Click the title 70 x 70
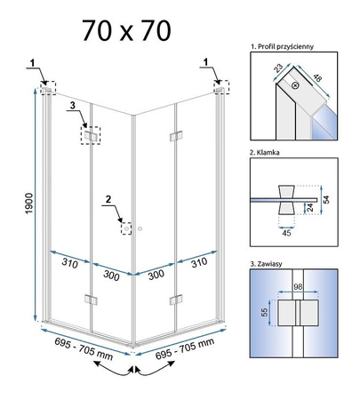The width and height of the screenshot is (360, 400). [126, 31]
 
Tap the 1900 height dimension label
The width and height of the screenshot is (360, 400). [29, 204]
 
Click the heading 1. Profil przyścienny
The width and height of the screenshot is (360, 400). [282, 46]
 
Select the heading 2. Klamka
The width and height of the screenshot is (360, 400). [265, 153]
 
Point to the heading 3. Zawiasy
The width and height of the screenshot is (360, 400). [266, 264]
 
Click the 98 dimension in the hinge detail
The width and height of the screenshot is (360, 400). [298, 286]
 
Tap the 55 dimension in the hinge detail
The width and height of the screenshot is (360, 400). [264, 312]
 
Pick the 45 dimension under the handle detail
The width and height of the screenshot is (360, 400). [286, 233]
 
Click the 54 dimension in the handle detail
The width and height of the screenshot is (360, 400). [326, 199]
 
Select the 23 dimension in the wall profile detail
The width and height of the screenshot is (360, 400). [278, 68]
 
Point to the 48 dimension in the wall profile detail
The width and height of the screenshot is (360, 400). [317, 78]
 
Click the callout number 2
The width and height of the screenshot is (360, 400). [108, 199]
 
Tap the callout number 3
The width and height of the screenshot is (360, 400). [73, 105]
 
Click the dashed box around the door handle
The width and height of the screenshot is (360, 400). [126, 228]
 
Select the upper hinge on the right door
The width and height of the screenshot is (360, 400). [176, 136]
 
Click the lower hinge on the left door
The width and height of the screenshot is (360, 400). [91, 300]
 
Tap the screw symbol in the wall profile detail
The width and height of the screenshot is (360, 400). [295, 85]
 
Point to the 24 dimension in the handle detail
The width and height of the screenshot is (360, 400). [310, 207]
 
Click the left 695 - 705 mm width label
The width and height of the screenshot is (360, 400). [84, 349]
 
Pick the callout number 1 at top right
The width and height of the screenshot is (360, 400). [205, 62]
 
